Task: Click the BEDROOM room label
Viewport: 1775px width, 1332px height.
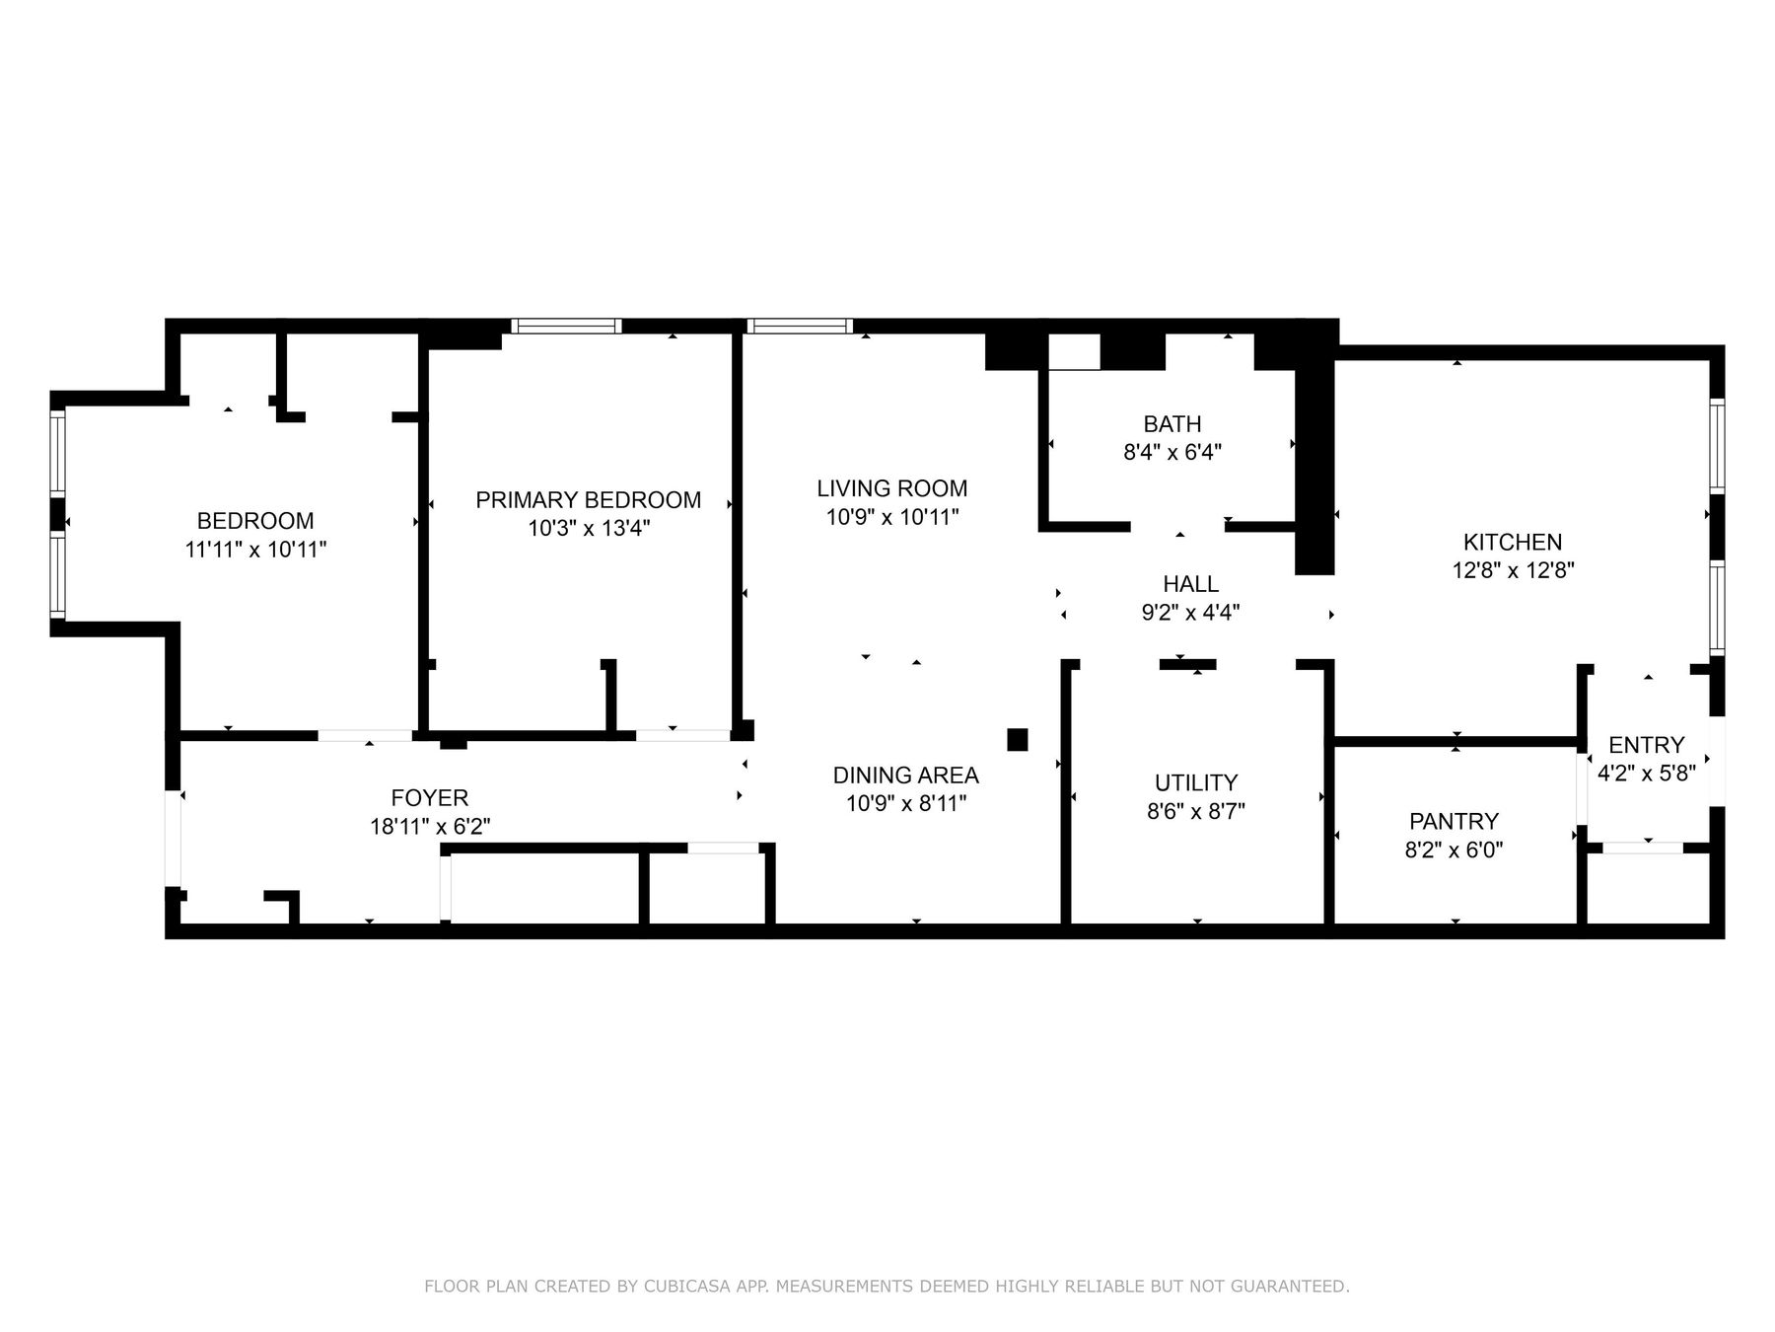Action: pos(255,521)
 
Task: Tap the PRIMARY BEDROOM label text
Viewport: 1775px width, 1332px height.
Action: pos(588,500)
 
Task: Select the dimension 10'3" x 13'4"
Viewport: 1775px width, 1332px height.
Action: pos(588,529)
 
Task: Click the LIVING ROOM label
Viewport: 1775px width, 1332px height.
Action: pos(891,488)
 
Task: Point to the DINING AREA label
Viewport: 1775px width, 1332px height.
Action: pos(905,776)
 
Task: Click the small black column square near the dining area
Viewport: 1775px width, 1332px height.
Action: pos(1017,740)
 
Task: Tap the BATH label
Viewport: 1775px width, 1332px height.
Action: pos(1171,424)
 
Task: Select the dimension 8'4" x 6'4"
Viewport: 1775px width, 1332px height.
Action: pos(1171,453)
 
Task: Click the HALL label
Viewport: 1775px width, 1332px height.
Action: pos(1190,584)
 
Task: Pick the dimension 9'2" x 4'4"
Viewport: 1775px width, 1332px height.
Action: pos(1190,613)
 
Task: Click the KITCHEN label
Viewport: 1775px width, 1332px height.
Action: pos(1512,542)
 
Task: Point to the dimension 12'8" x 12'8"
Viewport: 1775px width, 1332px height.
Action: pos(1512,570)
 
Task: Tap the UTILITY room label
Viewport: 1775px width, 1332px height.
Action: pos(1195,783)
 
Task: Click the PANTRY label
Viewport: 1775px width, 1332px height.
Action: pos(1454,822)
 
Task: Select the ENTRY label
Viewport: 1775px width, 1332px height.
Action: pos(1646,745)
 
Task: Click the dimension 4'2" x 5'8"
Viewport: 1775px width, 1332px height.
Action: pos(1646,774)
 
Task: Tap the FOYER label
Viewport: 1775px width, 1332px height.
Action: pos(429,797)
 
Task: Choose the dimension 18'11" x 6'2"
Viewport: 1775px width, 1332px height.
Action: pos(429,826)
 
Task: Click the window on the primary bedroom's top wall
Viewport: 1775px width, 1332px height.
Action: pos(566,327)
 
